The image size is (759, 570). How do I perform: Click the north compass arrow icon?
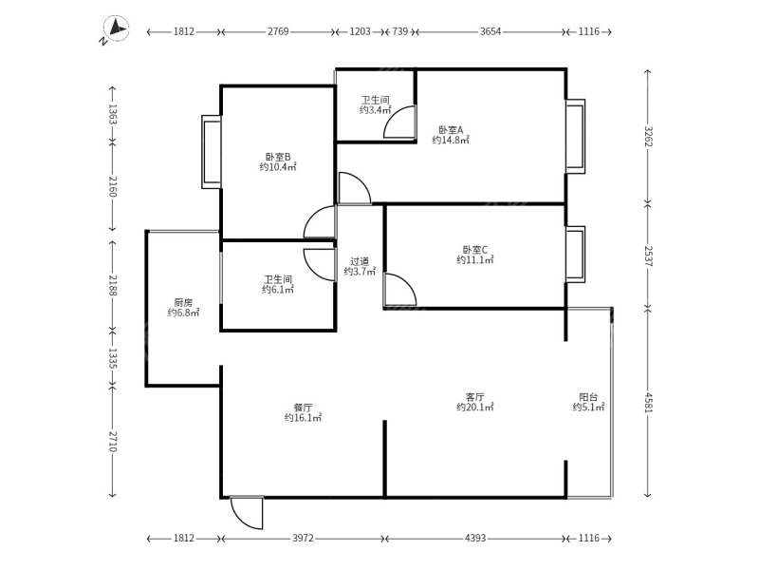coord(116,31)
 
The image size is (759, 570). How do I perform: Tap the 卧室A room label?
coord(451,129)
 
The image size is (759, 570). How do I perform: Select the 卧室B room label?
coord(278,157)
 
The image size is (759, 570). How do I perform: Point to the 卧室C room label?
coord(474,249)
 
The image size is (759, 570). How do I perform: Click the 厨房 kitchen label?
coord(183,301)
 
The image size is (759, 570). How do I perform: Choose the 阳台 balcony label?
coord(588,397)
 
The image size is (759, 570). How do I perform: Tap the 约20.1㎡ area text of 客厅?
coord(474,408)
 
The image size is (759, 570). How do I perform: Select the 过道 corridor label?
coord(360,261)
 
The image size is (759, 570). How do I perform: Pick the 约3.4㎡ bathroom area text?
coord(373,110)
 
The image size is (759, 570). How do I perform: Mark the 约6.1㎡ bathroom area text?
coord(278,290)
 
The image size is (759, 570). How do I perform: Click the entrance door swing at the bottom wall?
coord(249,513)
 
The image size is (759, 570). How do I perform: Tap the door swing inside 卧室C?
coord(399,291)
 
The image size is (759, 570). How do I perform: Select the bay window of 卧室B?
coord(211,152)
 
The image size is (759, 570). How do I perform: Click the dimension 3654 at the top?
coord(491,32)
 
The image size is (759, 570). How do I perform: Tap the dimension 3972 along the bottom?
coord(303,539)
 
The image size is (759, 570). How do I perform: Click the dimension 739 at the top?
coord(400,32)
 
